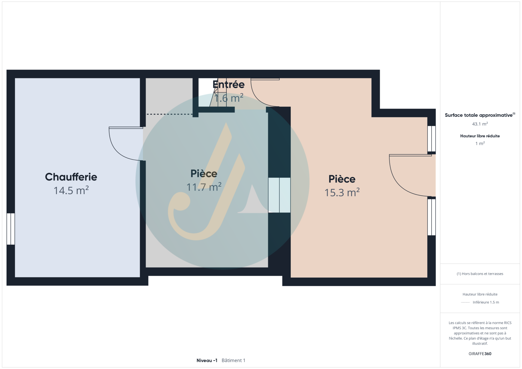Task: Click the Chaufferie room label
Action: click(x=71, y=177)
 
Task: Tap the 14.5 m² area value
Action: click(x=71, y=191)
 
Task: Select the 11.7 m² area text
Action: click(x=204, y=187)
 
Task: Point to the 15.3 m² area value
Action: click(x=342, y=192)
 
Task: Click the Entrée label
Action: click(x=229, y=85)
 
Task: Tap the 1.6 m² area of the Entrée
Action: click(x=229, y=98)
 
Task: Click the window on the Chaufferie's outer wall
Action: click(x=11, y=229)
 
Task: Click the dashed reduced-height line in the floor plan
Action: click(x=169, y=114)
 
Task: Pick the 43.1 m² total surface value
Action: click(x=480, y=124)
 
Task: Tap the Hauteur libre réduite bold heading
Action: click(x=480, y=136)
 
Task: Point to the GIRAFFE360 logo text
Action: click(x=480, y=354)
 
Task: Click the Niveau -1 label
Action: click(x=207, y=361)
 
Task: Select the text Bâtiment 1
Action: click(x=233, y=361)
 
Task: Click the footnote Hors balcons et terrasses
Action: click(x=480, y=274)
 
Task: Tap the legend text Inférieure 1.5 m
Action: click(x=486, y=302)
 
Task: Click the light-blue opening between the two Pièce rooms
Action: click(x=279, y=195)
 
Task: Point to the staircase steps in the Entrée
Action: click(x=218, y=93)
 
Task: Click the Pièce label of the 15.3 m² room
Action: click(x=342, y=179)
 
